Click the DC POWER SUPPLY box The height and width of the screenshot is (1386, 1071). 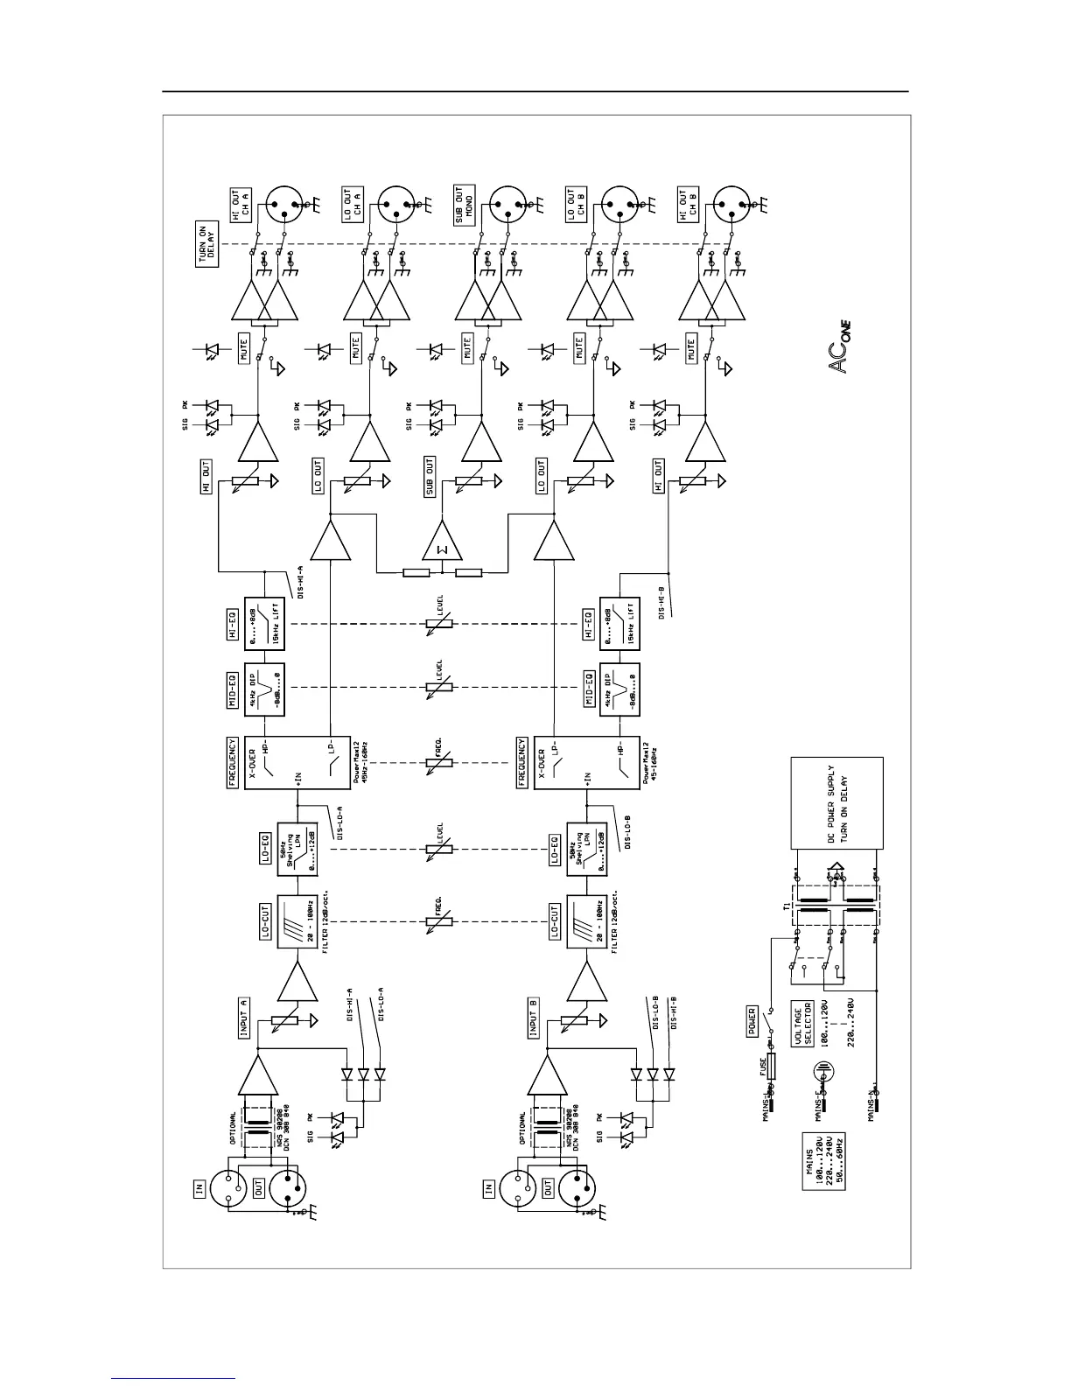pyautogui.click(x=836, y=802)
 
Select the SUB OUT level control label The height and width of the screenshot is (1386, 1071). pyautogui.click(x=430, y=477)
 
